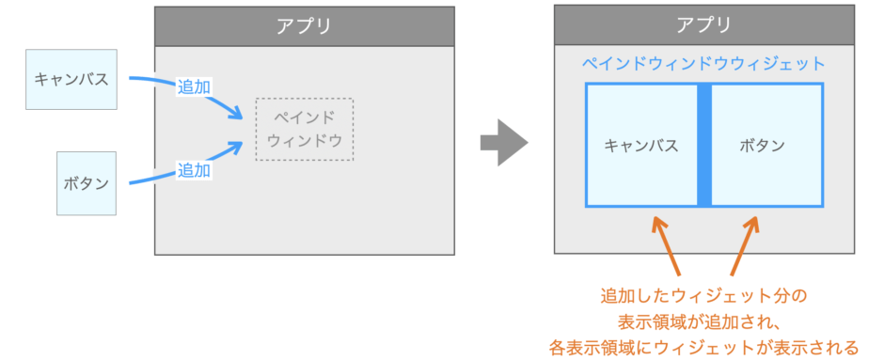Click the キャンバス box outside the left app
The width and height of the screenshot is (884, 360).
71,79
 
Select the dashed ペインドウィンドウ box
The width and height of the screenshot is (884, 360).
304,129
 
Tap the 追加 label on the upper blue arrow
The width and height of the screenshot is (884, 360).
194,86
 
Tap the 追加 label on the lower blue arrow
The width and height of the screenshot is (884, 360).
194,170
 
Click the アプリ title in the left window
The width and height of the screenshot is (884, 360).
304,25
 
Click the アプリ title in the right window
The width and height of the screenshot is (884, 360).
703,25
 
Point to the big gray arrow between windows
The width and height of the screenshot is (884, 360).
503,142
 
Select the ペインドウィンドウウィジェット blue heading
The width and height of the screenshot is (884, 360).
703,64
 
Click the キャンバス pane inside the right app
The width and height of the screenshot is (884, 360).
640,145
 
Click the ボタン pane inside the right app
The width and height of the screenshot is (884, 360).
766,145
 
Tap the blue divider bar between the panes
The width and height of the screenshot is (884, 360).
703,145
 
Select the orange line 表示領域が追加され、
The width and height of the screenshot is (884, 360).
703,322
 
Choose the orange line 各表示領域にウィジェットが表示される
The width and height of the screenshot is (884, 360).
703,348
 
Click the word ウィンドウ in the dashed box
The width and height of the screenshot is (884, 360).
304,141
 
